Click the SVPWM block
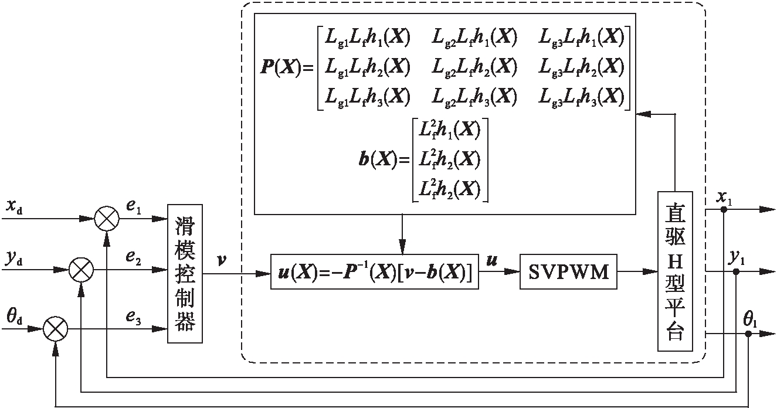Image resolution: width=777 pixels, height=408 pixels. pyautogui.click(x=568, y=271)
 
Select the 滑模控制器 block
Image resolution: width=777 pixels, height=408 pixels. pyautogui.click(x=185, y=273)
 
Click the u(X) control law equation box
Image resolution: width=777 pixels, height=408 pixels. pyautogui.click(x=375, y=271)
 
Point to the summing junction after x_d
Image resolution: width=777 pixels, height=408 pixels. pyautogui.click(x=107, y=219)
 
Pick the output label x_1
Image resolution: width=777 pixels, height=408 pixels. pyautogui.click(x=725, y=197)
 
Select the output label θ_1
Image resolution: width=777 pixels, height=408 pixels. pyautogui.click(x=749, y=321)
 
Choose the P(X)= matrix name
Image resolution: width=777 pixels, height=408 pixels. pyautogui.click(x=285, y=67)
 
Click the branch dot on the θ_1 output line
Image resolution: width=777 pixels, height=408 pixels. pyautogui.click(x=749, y=333)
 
